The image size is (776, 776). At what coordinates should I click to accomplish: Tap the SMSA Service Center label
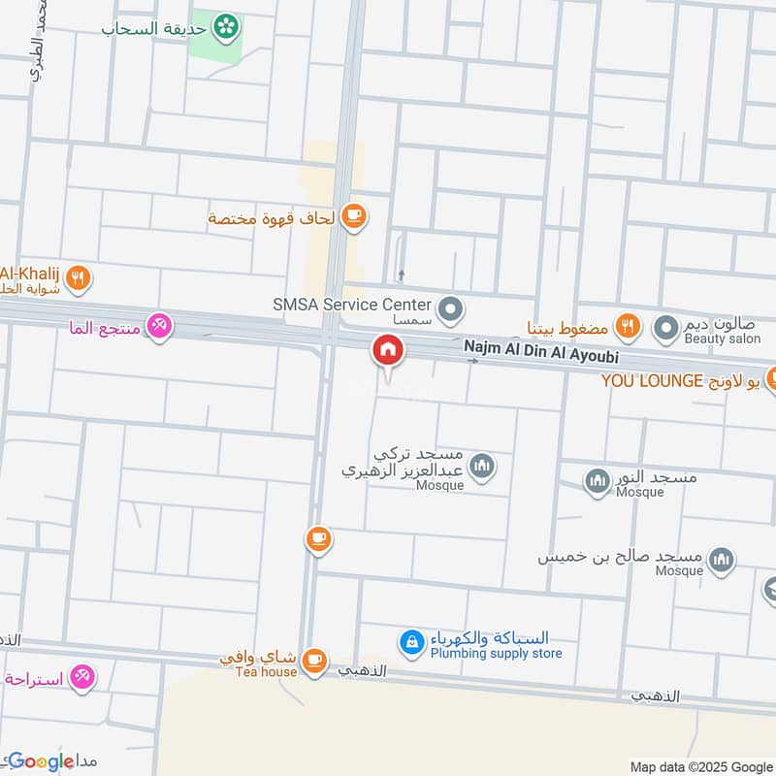351,305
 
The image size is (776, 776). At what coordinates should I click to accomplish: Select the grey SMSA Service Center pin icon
449,311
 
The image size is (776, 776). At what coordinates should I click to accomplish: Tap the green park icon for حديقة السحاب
228,26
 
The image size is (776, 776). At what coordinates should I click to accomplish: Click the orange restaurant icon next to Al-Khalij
80,279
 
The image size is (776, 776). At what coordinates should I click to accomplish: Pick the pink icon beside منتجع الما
158,327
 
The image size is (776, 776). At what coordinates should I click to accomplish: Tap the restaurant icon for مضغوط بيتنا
628,327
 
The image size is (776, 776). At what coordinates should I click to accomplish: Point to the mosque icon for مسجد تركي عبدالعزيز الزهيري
481,469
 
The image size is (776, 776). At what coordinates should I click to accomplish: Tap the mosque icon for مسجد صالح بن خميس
721,559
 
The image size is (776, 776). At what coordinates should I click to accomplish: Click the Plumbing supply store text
496,654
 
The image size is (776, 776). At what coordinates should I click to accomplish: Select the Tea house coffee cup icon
313,661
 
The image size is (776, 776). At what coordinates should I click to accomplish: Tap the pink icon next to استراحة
82,678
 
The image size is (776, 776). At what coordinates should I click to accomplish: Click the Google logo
41,761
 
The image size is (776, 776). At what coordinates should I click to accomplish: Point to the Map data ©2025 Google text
699,765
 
